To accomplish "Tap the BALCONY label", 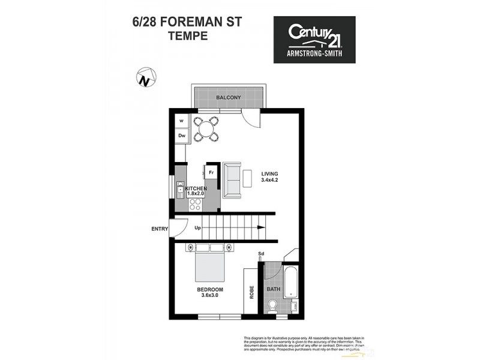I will pos(227,97).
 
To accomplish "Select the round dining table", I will pos(206,128).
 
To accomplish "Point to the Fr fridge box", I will pos(211,172).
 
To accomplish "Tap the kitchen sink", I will pos(181,191).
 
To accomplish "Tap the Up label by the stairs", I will pos(198,228).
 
